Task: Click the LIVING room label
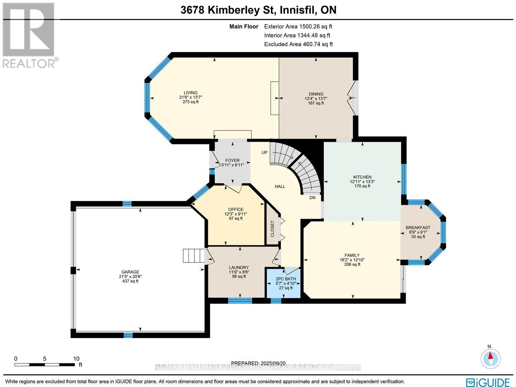[x=191, y=93]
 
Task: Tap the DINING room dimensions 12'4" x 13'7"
[x=316, y=99]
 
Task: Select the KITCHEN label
[x=362, y=177]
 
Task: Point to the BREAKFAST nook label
[x=418, y=227]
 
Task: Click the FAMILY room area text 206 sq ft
[x=352, y=264]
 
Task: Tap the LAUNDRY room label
[x=239, y=267]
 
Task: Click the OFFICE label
[x=235, y=209]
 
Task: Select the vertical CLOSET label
[x=272, y=229]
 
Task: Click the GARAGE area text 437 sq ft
[x=130, y=281]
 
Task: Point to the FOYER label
[x=232, y=160]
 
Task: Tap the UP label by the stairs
[x=264, y=152]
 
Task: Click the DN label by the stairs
[x=312, y=197]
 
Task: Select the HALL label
[x=280, y=186]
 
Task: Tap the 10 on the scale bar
[x=76, y=359]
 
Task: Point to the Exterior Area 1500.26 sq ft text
[x=298, y=26]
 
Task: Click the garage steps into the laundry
[x=193, y=256]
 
